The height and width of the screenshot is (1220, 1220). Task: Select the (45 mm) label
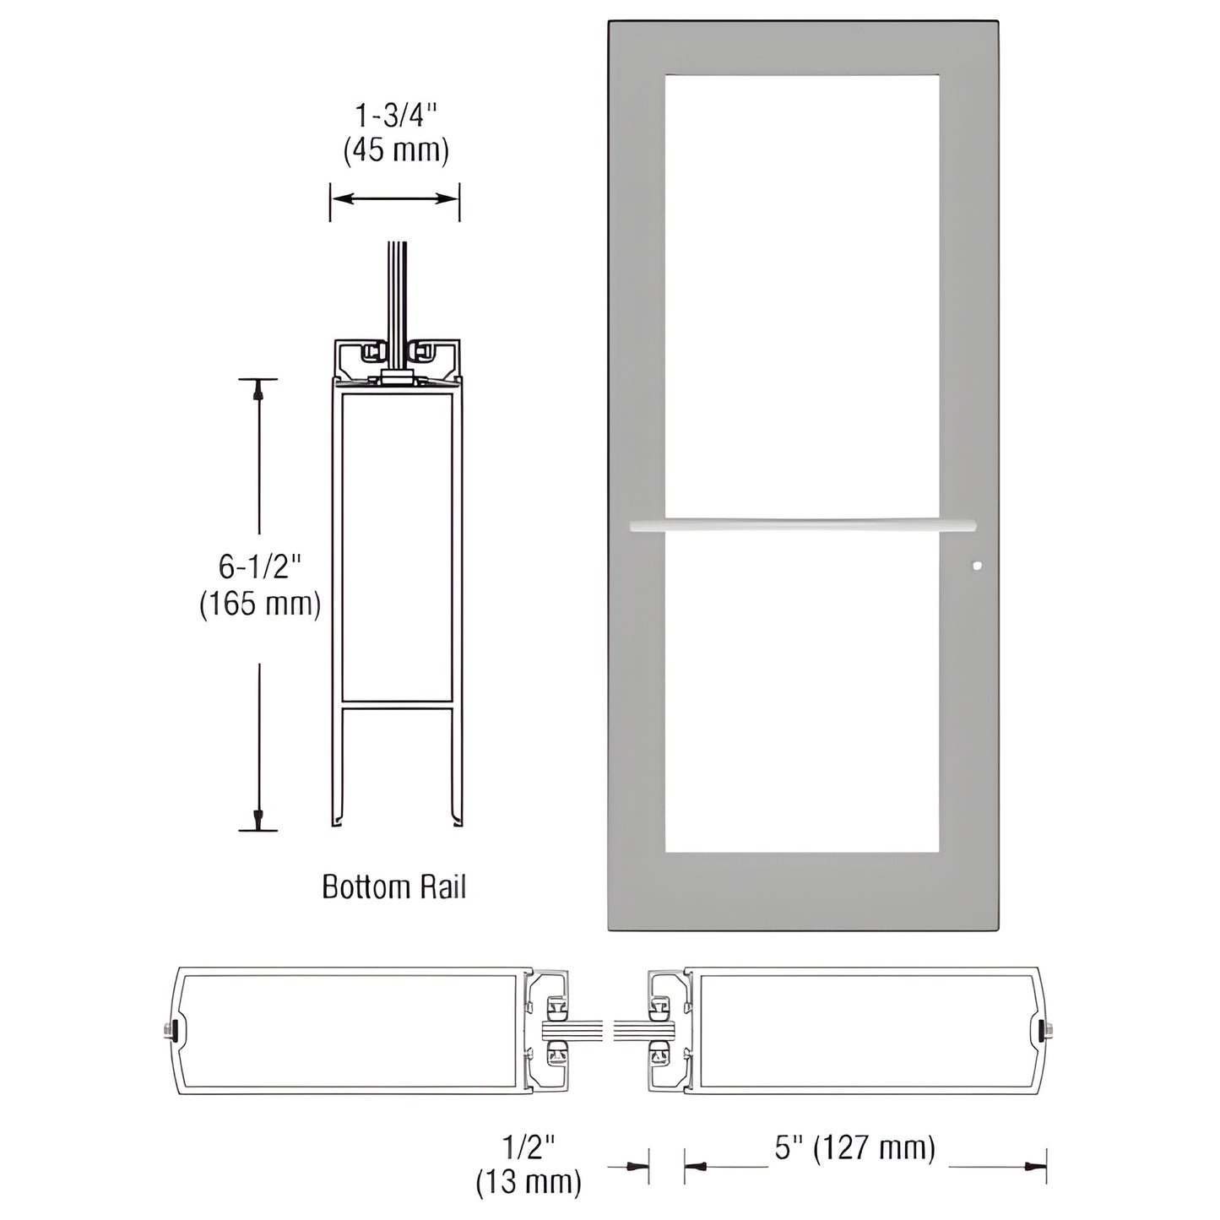tap(395, 150)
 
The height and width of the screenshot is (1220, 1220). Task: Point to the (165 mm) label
tap(259, 604)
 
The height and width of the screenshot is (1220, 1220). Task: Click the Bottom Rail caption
tap(394, 887)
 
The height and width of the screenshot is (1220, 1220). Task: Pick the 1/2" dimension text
tap(529, 1148)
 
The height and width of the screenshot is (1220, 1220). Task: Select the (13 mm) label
tap(529, 1183)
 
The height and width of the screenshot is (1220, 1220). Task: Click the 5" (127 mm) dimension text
tap(855, 1148)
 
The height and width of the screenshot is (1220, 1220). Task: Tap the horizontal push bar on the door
tap(802, 525)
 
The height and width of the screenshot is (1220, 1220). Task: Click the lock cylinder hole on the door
tap(977, 567)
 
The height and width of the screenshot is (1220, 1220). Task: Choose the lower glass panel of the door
tap(802, 692)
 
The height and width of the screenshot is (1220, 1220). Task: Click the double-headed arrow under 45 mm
tap(394, 198)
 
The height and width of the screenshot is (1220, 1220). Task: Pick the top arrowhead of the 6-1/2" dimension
tap(258, 390)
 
